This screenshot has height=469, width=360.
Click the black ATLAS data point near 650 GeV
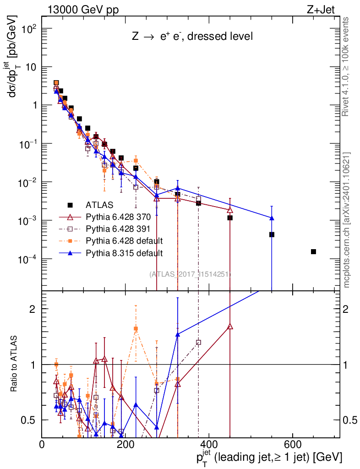pyautogui.click(x=313, y=251)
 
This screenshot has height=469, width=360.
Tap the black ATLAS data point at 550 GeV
pyautogui.click(x=272, y=234)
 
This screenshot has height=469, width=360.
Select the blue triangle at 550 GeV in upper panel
pyautogui.click(x=272, y=218)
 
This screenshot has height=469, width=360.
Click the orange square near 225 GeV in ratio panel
pyautogui.click(x=136, y=328)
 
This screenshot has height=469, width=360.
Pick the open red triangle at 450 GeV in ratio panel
pyautogui.click(x=230, y=327)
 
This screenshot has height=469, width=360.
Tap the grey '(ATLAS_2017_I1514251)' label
pyautogui.click(x=190, y=274)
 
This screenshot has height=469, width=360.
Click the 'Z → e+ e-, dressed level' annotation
pyautogui.click(x=192, y=37)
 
